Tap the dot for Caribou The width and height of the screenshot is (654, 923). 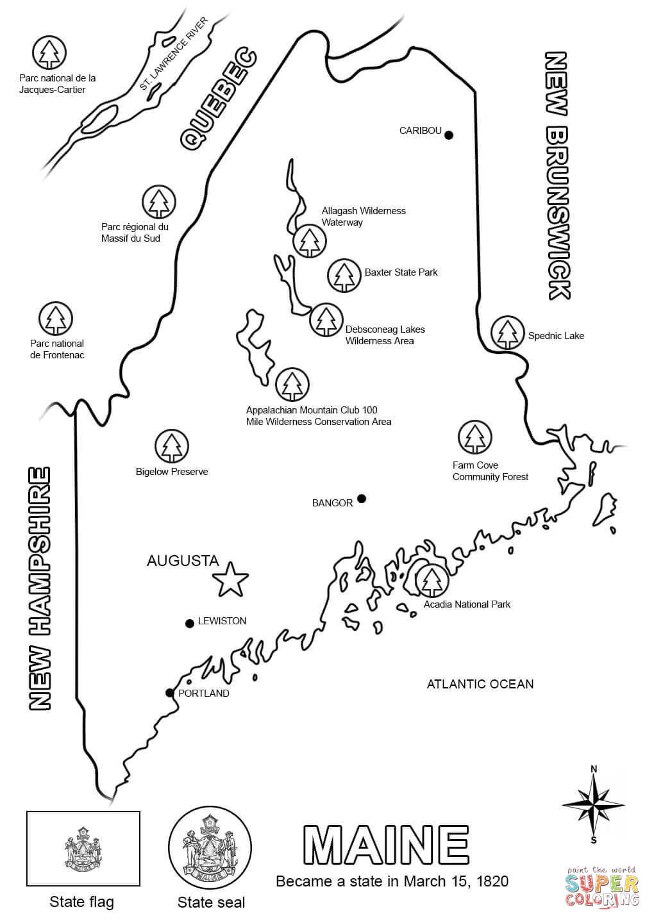click(449, 135)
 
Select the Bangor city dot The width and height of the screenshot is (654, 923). click(362, 499)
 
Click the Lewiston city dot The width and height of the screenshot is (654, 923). click(189, 623)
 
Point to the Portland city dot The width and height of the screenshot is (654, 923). click(169, 693)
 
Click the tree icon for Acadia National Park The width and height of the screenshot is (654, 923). click(432, 580)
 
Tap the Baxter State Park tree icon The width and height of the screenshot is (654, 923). click(344, 276)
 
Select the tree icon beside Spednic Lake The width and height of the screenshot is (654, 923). click(508, 333)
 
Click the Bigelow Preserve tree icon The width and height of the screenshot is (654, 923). click(171, 446)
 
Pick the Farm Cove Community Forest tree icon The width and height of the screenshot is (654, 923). click(475, 437)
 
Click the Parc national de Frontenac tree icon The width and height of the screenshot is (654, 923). click(56, 319)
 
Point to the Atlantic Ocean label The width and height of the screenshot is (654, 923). click(480, 684)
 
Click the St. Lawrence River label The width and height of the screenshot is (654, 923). click(174, 55)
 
